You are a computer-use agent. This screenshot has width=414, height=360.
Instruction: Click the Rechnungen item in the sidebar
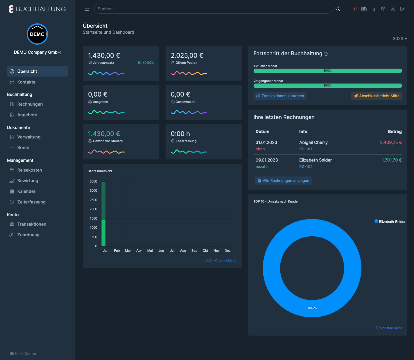pyautogui.click(x=30, y=104)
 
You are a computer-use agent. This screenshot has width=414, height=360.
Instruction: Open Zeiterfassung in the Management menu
pyautogui.click(x=31, y=202)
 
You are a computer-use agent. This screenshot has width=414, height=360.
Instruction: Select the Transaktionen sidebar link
pyautogui.click(x=31, y=224)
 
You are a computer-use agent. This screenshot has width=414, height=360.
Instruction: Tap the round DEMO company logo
pyautogui.click(x=37, y=34)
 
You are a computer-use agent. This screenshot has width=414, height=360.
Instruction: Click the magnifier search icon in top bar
pyautogui.click(x=338, y=9)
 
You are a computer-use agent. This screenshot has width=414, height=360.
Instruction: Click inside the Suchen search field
pyautogui.click(x=213, y=9)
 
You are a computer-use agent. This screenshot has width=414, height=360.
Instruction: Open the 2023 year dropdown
pyautogui.click(x=400, y=39)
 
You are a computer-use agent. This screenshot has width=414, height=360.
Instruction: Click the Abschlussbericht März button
pyautogui.click(x=376, y=96)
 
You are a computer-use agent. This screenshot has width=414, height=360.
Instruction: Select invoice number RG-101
pyautogui.click(x=306, y=149)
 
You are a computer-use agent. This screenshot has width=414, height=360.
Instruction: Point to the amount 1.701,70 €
pyautogui.click(x=392, y=160)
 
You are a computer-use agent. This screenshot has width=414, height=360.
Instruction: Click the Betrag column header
pyautogui.click(x=395, y=132)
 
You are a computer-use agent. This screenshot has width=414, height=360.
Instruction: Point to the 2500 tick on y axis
pyautogui.click(x=93, y=200)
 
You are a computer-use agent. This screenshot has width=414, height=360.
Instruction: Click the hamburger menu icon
pyautogui.click(x=87, y=9)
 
